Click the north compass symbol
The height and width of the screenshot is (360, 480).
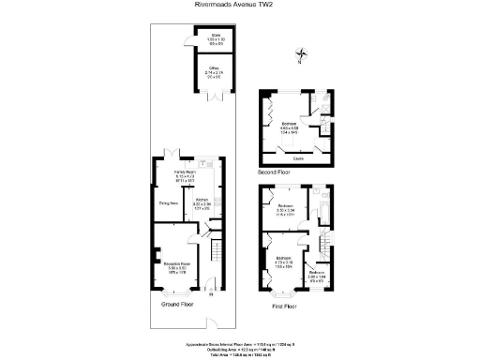click(x=301, y=55)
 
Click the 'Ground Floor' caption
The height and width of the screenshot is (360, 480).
click(x=177, y=306)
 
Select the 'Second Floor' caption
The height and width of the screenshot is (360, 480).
click(x=274, y=173)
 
